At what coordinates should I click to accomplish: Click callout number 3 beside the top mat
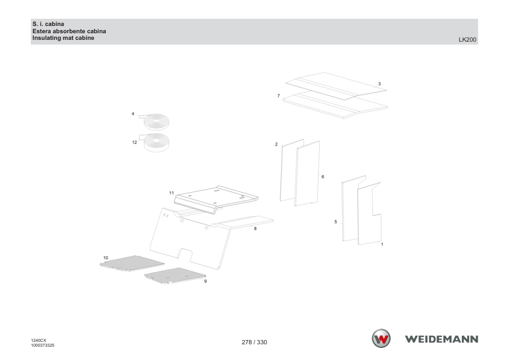tap(379, 84)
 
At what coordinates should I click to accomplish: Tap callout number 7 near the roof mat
tap(279, 95)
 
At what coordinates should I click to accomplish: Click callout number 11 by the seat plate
tap(172, 193)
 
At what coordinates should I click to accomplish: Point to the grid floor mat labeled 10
tap(132, 263)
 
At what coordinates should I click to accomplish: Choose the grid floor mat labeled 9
tap(175, 275)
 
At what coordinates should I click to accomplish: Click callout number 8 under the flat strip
tap(255, 229)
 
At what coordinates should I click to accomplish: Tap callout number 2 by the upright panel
tap(276, 144)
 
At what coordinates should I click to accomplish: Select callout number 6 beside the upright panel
tap(323, 177)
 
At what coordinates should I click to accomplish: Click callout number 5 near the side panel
tap(336, 222)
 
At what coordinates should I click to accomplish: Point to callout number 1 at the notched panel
tap(382, 244)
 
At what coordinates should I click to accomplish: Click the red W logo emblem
tap(381, 339)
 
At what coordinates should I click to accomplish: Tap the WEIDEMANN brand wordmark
tap(441, 339)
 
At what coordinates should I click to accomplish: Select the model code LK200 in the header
tap(467, 40)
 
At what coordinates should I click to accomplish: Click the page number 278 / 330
tap(254, 342)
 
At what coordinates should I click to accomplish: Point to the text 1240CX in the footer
tap(39, 341)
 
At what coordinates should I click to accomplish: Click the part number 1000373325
tap(43, 346)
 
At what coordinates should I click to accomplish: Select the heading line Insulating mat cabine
tap(63, 38)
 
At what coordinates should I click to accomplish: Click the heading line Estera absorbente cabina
tap(69, 31)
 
